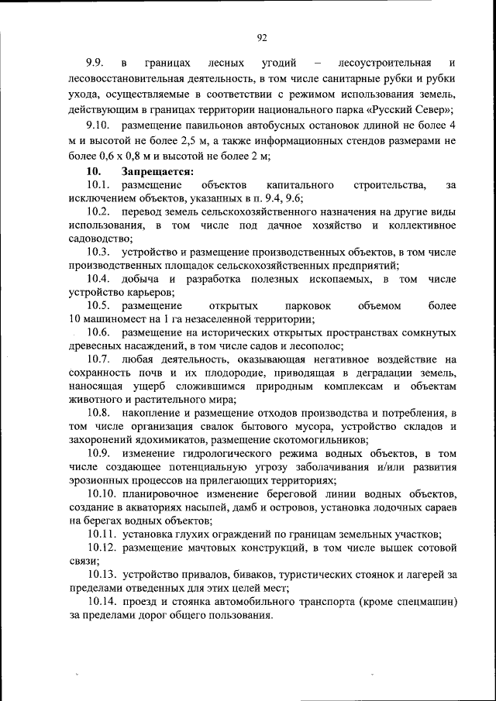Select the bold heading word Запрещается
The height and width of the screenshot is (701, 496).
coord(157,171)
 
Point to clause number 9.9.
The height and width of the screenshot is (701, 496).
coord(95,63)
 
